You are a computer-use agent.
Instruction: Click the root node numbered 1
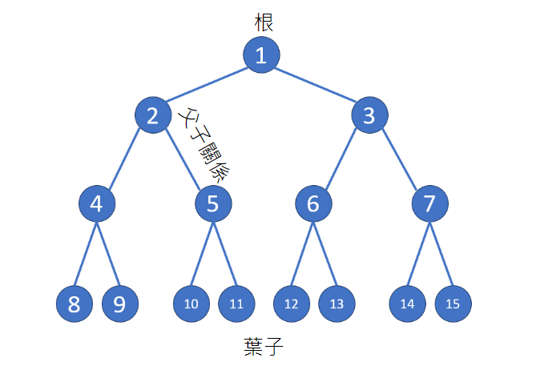262,55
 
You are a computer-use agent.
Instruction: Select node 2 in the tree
153,116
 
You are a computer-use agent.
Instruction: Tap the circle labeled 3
369,116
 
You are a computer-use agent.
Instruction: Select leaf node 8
75,304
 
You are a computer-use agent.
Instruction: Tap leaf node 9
119,304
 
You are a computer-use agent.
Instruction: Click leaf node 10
191,304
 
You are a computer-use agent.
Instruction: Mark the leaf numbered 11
236,304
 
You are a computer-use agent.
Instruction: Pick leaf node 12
292,304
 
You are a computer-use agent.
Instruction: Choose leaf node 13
337,304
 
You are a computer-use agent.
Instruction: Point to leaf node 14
408,304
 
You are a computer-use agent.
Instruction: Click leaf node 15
453,304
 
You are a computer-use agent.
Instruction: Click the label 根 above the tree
264,22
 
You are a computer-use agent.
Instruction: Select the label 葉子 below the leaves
264,347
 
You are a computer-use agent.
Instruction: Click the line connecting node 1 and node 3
316,86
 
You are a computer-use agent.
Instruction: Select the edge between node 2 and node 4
125,159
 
